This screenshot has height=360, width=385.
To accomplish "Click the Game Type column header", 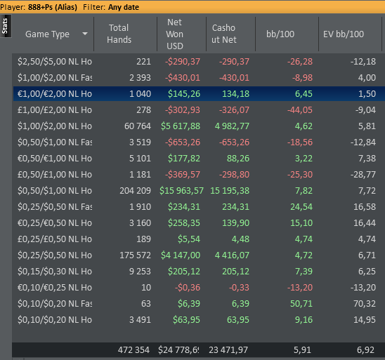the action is coord(47,34).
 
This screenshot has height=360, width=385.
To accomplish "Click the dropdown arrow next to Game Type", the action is coord(85,34).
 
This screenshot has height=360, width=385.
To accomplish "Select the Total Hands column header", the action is coord(119,34).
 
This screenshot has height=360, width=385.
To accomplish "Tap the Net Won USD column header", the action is coord(174,34).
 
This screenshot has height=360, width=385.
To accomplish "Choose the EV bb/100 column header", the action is coord(344,34).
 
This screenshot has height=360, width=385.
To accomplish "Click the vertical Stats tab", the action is coord(5,26).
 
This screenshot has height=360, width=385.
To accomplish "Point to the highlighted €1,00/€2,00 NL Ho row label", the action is coord(55,93).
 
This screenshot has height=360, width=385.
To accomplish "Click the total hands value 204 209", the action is coord(136,191).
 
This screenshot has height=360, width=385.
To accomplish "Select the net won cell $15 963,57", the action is coord(181,191).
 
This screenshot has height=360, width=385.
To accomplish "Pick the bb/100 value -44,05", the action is coord(300,110).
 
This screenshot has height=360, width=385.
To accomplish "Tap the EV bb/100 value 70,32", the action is coord(365,304).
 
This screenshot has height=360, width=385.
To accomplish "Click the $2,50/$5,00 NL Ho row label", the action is coord(55,62).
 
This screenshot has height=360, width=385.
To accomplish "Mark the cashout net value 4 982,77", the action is coord(232,126).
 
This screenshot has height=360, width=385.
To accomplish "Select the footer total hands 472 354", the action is coord(133,350).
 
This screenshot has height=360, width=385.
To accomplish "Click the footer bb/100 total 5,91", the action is coord(302,350).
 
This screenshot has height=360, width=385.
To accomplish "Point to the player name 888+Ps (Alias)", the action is coord(53,7).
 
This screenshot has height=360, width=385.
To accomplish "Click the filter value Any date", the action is coord(124,7).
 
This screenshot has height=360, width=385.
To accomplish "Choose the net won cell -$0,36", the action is coord(188,288).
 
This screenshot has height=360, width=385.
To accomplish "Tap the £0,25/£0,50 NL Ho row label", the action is coord(55,239).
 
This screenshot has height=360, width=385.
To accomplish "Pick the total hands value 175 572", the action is coord(136,255).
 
